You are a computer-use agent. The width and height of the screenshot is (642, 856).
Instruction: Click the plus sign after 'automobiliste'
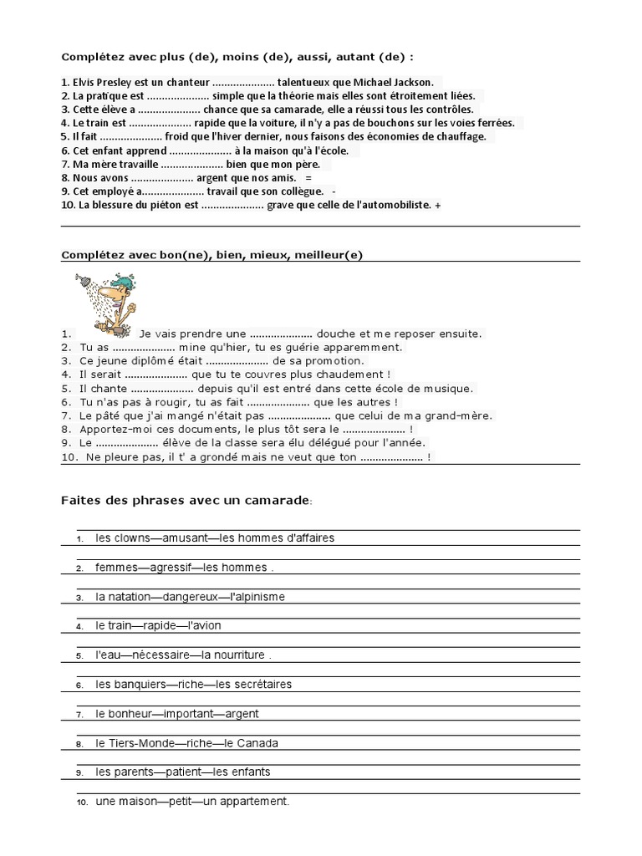[x=438, y=205]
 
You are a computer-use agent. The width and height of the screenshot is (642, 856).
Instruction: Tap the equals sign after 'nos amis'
[x=308, y=178]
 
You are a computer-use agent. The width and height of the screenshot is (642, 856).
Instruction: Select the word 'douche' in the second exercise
[x=337, y=334]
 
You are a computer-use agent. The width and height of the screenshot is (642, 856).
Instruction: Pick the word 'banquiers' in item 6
[x=140, y=684]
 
